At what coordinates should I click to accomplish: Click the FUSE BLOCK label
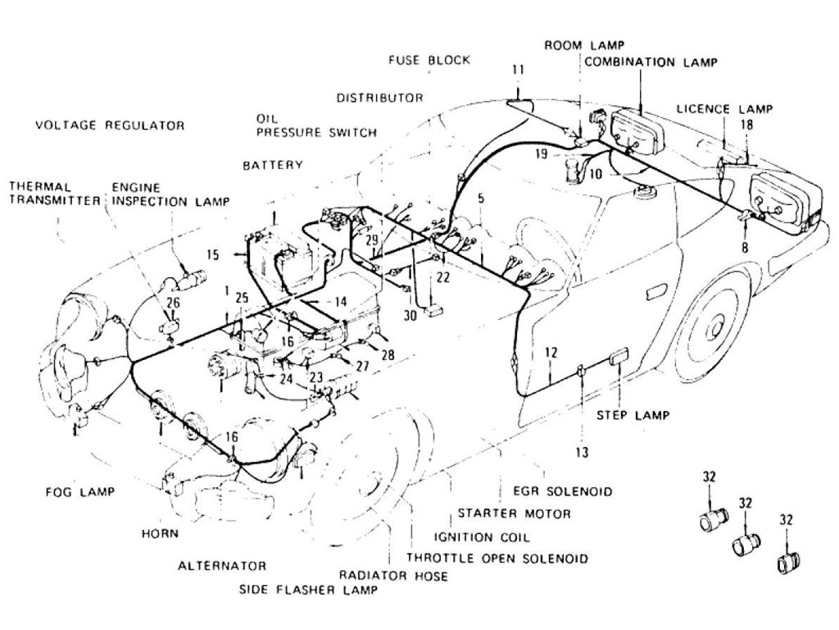tap(429, 61)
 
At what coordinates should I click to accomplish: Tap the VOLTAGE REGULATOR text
tap(110, 126)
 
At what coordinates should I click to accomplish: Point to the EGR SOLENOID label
tap(562, 492)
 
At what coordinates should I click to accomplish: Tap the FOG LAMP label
tap(79, 492)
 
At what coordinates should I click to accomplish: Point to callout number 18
tap(746, 125)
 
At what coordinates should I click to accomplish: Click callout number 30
tap(410, 314)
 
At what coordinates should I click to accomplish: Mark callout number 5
tap(480, 198)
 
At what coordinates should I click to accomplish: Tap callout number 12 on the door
tap(551, 353)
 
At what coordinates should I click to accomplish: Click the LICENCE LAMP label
tap(724, 108)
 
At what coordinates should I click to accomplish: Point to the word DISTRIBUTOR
tap(379, 98)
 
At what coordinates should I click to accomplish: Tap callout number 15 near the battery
tap(212, 255)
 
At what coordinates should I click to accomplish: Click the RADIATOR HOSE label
tap(392, 576)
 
